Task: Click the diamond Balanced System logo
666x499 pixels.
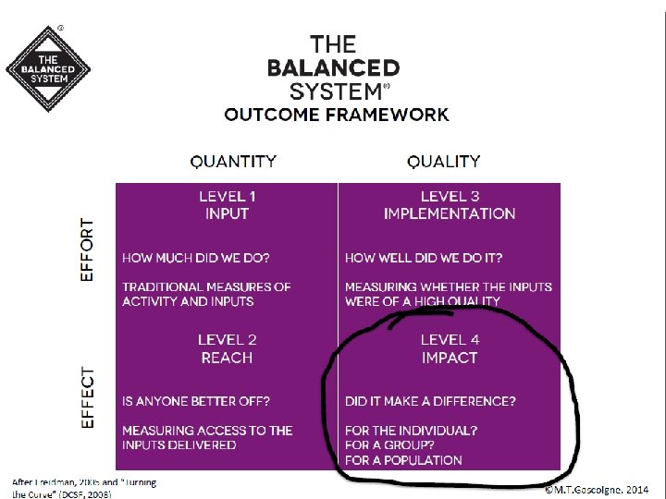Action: pos(48,68)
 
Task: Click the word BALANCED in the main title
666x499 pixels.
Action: pos(333,67)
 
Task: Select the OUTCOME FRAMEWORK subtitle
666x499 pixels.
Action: pos(337,115)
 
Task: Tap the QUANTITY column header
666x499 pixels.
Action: pos(233,161)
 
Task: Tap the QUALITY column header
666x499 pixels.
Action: pos(444,161)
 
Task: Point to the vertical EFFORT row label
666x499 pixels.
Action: pos(88,249)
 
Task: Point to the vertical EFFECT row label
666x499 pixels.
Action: pos(88,397)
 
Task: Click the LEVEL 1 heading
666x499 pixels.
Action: pos(228,196)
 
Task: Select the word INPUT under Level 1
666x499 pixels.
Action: pos(228,213)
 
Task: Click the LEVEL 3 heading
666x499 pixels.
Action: pos(450,196)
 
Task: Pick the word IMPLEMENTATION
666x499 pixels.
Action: pos(450,213)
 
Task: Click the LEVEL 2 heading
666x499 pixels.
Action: pos(228,340)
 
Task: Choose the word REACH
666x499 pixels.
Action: pos(228,358)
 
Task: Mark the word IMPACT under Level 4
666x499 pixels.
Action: pos(450,358)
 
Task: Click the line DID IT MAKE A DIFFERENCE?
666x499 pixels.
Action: pos(430,401)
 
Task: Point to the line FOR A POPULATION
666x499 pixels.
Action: pos(403,459)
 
